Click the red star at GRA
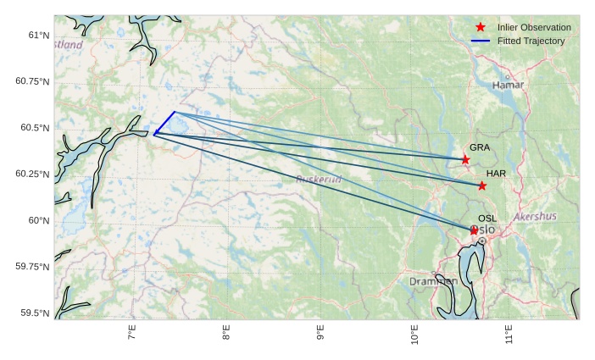pyautogui.click(x=465, y=159)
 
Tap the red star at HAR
pyautogui.click(x=482, y=186)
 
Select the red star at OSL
pyautogui.click(x=474, y=230)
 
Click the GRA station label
pyautogui.click(x=480, y=147)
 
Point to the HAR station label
pyautogui.click(x=496, y=174)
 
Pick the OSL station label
pyautogui.click(x=487, y=219)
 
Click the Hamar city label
pyautogui.click(x=509, y=86)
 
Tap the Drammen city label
pyautogui.click(x=433, y=281)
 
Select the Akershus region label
pyautogui.click(x=535, y=217)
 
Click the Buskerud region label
pyautogui.click(x=319, y=180)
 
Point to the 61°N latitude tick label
pyautogui.click(x=39, y=36)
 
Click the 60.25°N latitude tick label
pyautogui.click(x=32, y=174)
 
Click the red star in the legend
pyautogui.click(x=481, y=28)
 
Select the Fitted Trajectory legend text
pyautogui.click(x=531, y=42)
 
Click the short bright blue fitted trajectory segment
pyautogui.click(x=165, y=122)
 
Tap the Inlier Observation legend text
pyautogui.click(x=534, y=28)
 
